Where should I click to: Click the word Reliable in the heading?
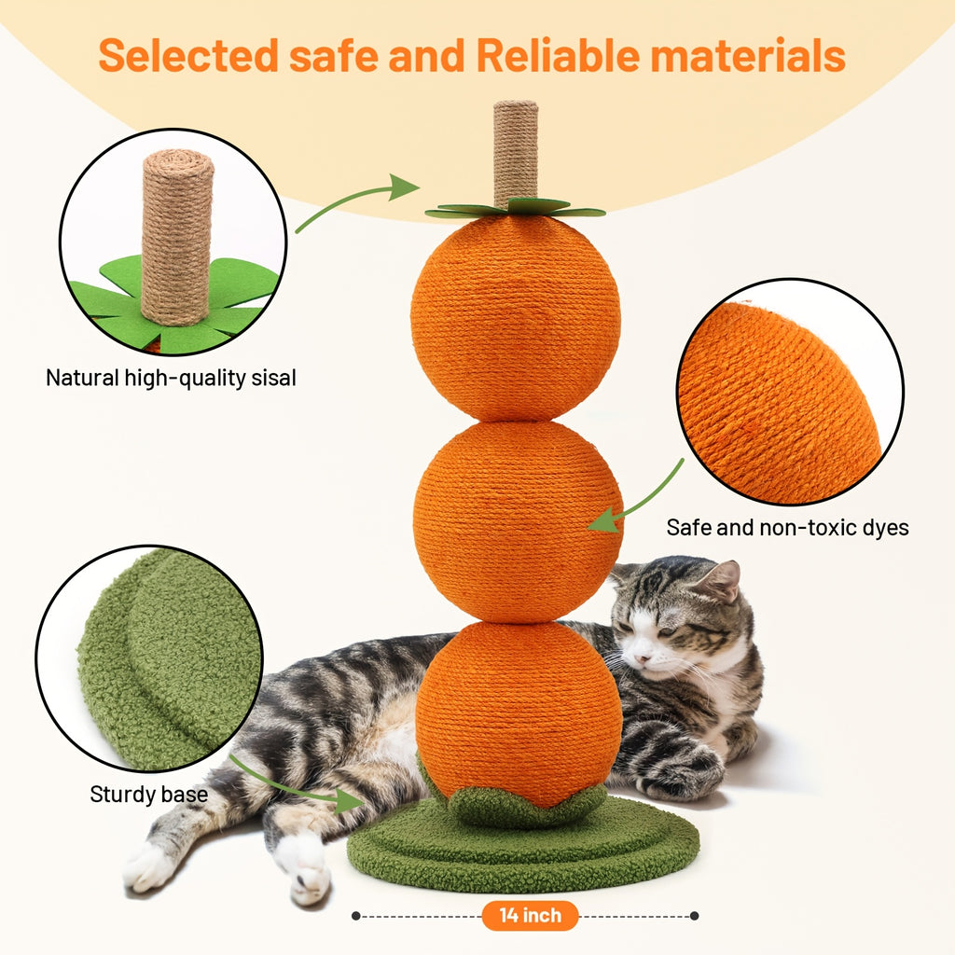[556, 56]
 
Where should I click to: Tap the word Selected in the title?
[187, 56]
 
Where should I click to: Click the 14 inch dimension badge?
[530, 916]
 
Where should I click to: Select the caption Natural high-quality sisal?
[171, 378]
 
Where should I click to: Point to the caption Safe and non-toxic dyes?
[787, 527]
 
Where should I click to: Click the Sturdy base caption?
[148, 795]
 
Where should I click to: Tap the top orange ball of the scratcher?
[516, 317]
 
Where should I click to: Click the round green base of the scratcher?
[522, 849]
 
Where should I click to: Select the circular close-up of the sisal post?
[173, 242]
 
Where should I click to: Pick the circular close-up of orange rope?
[789, 392]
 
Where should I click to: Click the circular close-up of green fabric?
[149, 657]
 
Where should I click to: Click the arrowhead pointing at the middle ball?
[602, 519]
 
